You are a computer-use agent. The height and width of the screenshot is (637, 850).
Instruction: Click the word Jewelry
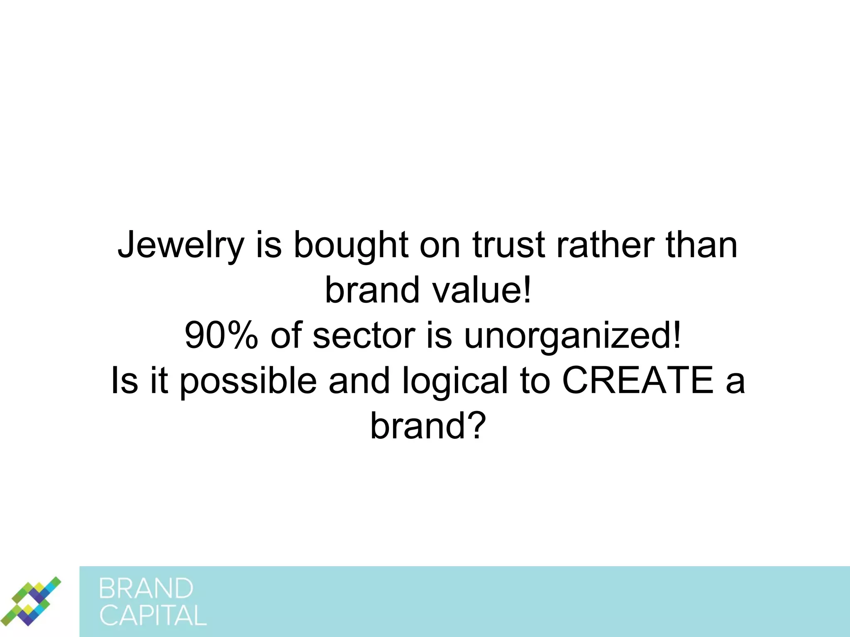180,246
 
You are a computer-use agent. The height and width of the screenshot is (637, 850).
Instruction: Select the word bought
351,246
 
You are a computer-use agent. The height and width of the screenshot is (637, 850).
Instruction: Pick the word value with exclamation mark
481,290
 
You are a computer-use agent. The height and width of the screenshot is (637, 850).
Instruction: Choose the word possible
248,382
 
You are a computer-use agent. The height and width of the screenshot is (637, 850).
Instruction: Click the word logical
455,382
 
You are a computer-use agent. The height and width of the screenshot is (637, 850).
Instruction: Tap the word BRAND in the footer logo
146,588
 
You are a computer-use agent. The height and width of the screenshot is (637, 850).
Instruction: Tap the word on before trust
440,246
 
